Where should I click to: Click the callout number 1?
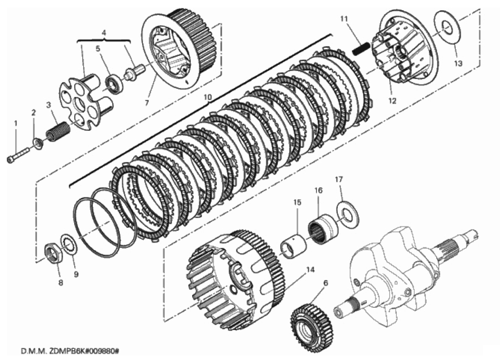(x=16, y=123)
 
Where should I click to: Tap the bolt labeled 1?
(x=18, y=154)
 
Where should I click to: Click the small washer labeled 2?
(x=38, y=143)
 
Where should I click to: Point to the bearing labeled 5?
(x=114, y=84)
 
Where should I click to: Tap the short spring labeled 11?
(x=361, y=49)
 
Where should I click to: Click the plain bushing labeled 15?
(x=294, y=243)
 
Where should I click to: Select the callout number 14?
(x=310, y=270)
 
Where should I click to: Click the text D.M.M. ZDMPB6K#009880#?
(x=70, y=352)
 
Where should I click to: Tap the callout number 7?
(x=147, y=103)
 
